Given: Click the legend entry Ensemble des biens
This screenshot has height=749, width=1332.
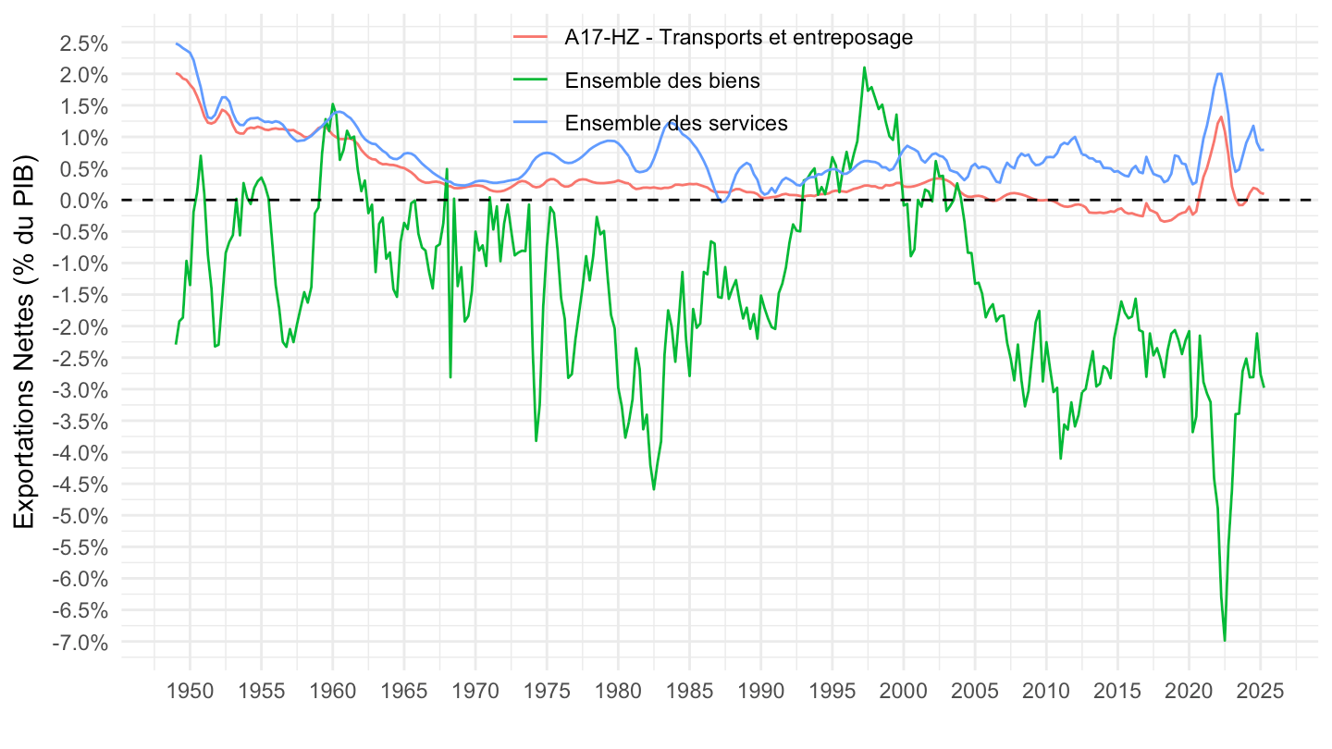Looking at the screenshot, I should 661,80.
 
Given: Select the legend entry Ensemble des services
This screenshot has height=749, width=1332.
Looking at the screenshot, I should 675,123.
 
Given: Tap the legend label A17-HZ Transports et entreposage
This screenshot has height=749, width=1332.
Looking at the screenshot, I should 738,38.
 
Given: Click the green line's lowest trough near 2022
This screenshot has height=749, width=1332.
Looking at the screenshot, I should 1225,640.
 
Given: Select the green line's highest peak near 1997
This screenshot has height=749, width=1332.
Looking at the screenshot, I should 864,68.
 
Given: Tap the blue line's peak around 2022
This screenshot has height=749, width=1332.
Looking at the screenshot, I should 1220,74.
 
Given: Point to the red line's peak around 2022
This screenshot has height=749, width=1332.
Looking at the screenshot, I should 1221,117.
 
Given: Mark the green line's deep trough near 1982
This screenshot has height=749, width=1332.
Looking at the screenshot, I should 654,488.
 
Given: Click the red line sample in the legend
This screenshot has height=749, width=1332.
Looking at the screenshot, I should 532,38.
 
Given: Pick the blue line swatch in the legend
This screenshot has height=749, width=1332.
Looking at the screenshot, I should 532,123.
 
